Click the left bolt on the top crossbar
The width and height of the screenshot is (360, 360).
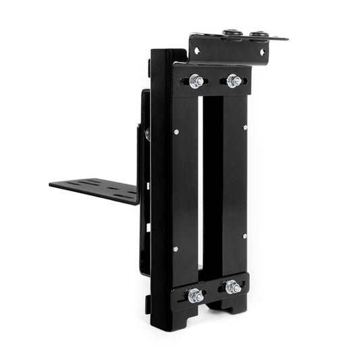[x=197, y=81]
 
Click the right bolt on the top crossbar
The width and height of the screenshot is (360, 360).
[x=234, y=81]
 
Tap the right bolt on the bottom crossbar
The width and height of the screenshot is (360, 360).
[x=233, y=286]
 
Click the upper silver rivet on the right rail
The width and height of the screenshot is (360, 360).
[x=245, y=127]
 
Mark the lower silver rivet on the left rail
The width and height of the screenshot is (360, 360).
[x=176, y=249]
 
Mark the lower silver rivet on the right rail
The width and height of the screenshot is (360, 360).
[x=245, y=236]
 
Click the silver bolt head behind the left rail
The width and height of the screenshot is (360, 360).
[x=147, y=134]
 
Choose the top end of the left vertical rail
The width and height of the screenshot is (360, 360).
[x=166, y=54]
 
